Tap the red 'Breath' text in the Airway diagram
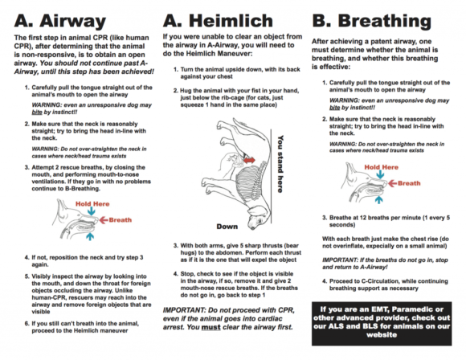click(121, 219)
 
